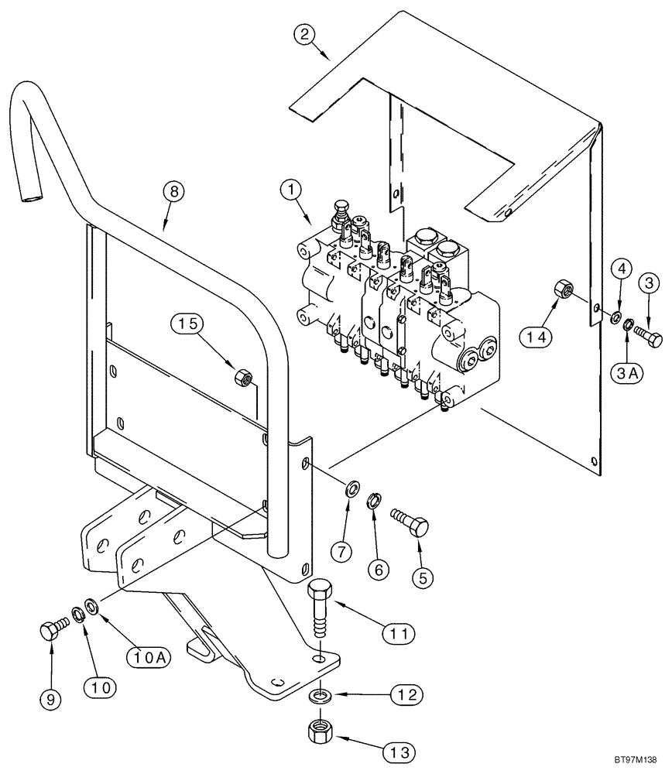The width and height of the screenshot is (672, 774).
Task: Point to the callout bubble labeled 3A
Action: (629, 373)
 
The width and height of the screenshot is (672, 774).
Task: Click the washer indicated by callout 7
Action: (351, 488)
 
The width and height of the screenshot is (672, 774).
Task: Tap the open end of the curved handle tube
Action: (30, 200)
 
